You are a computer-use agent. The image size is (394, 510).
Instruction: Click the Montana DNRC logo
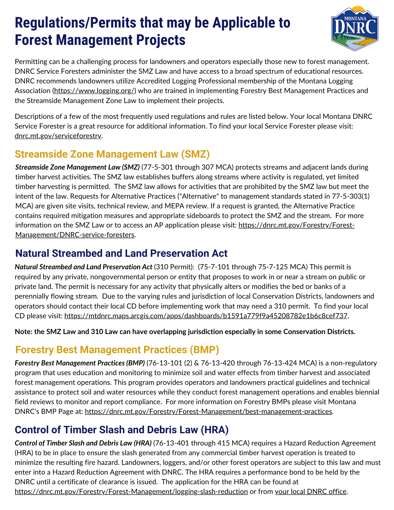click(354, 29)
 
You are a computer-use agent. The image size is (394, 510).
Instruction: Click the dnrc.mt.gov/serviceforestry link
click(58, 136)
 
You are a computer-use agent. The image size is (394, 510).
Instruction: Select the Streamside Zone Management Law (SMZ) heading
click(112, 154)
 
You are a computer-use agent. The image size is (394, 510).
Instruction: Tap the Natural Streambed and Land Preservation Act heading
click(121, 253)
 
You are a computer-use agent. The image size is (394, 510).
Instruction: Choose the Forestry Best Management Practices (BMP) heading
click(117, 350)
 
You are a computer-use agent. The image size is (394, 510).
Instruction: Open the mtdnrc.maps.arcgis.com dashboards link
click(206, 316)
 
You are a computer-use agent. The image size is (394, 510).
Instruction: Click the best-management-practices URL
click(208, 412)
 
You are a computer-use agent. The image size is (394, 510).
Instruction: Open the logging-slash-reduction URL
click(131, 492)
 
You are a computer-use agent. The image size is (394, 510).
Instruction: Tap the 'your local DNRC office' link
click(311, 492)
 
